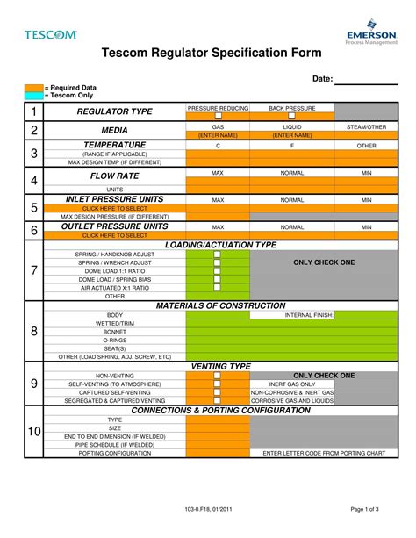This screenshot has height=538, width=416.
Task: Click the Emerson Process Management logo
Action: point(370,32)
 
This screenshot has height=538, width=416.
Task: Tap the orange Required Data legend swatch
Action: point(33,88)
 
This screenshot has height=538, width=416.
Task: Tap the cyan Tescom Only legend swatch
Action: point(33,95)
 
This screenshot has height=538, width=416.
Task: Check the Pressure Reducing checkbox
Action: point(218,116)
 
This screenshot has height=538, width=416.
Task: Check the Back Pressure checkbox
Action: point(292,116)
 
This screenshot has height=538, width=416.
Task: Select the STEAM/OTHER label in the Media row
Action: point(366,127)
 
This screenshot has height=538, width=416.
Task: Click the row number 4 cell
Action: point(33,181)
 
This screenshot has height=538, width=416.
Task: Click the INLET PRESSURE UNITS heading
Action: point(116,199)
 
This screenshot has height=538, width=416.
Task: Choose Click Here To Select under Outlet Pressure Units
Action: point(115,235)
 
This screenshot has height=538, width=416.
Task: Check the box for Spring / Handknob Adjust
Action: point(218,254)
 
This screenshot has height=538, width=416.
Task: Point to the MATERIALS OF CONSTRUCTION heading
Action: point(220,305)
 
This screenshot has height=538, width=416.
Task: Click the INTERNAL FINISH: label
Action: point(308,314)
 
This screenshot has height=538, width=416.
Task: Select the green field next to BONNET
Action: point(218,332)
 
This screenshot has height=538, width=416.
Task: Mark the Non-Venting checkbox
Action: point(218,376)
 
